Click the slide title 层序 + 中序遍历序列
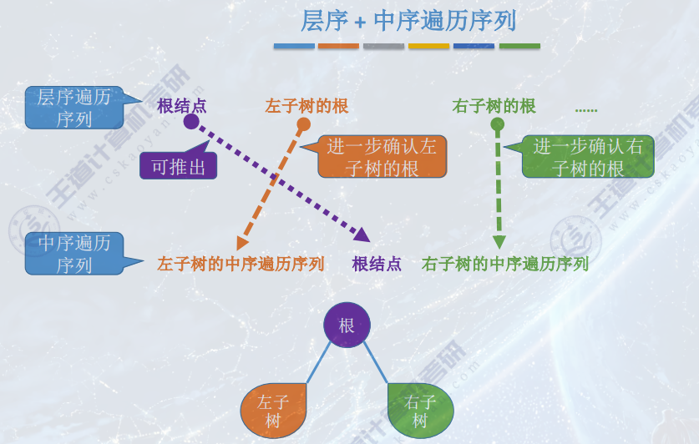pyautogui.click(x=408, y=20)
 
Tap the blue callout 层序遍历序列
pyautogui.click(x=73, y=108)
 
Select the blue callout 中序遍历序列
pyautogui.click(x=73, y=254)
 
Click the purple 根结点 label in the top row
pyautogui.click(x=181, y=106)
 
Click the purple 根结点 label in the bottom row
pyautogui.click(x=377, y=265)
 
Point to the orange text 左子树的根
pyautogui.click(x=306, y=106)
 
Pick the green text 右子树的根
pyautogui.click(x=494, y=106)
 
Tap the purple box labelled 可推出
pyautogui.click(x=178, y=166)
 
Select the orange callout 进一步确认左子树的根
pyautogui.click(x=382, y=156)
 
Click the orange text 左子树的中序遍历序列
pyautogui.click(x=241, y=265)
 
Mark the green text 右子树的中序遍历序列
pyautogui.click(x=505, y=265)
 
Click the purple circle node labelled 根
pyautogui.click(x=347, y=325)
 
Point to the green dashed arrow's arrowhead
pyautogui.click(x=499, y=243)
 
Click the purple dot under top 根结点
pyautogui.click(x=191, y=122)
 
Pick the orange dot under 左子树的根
pyautogui.click(x=304, y=124)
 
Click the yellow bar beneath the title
pyautogui.click(x=428, y=46)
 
